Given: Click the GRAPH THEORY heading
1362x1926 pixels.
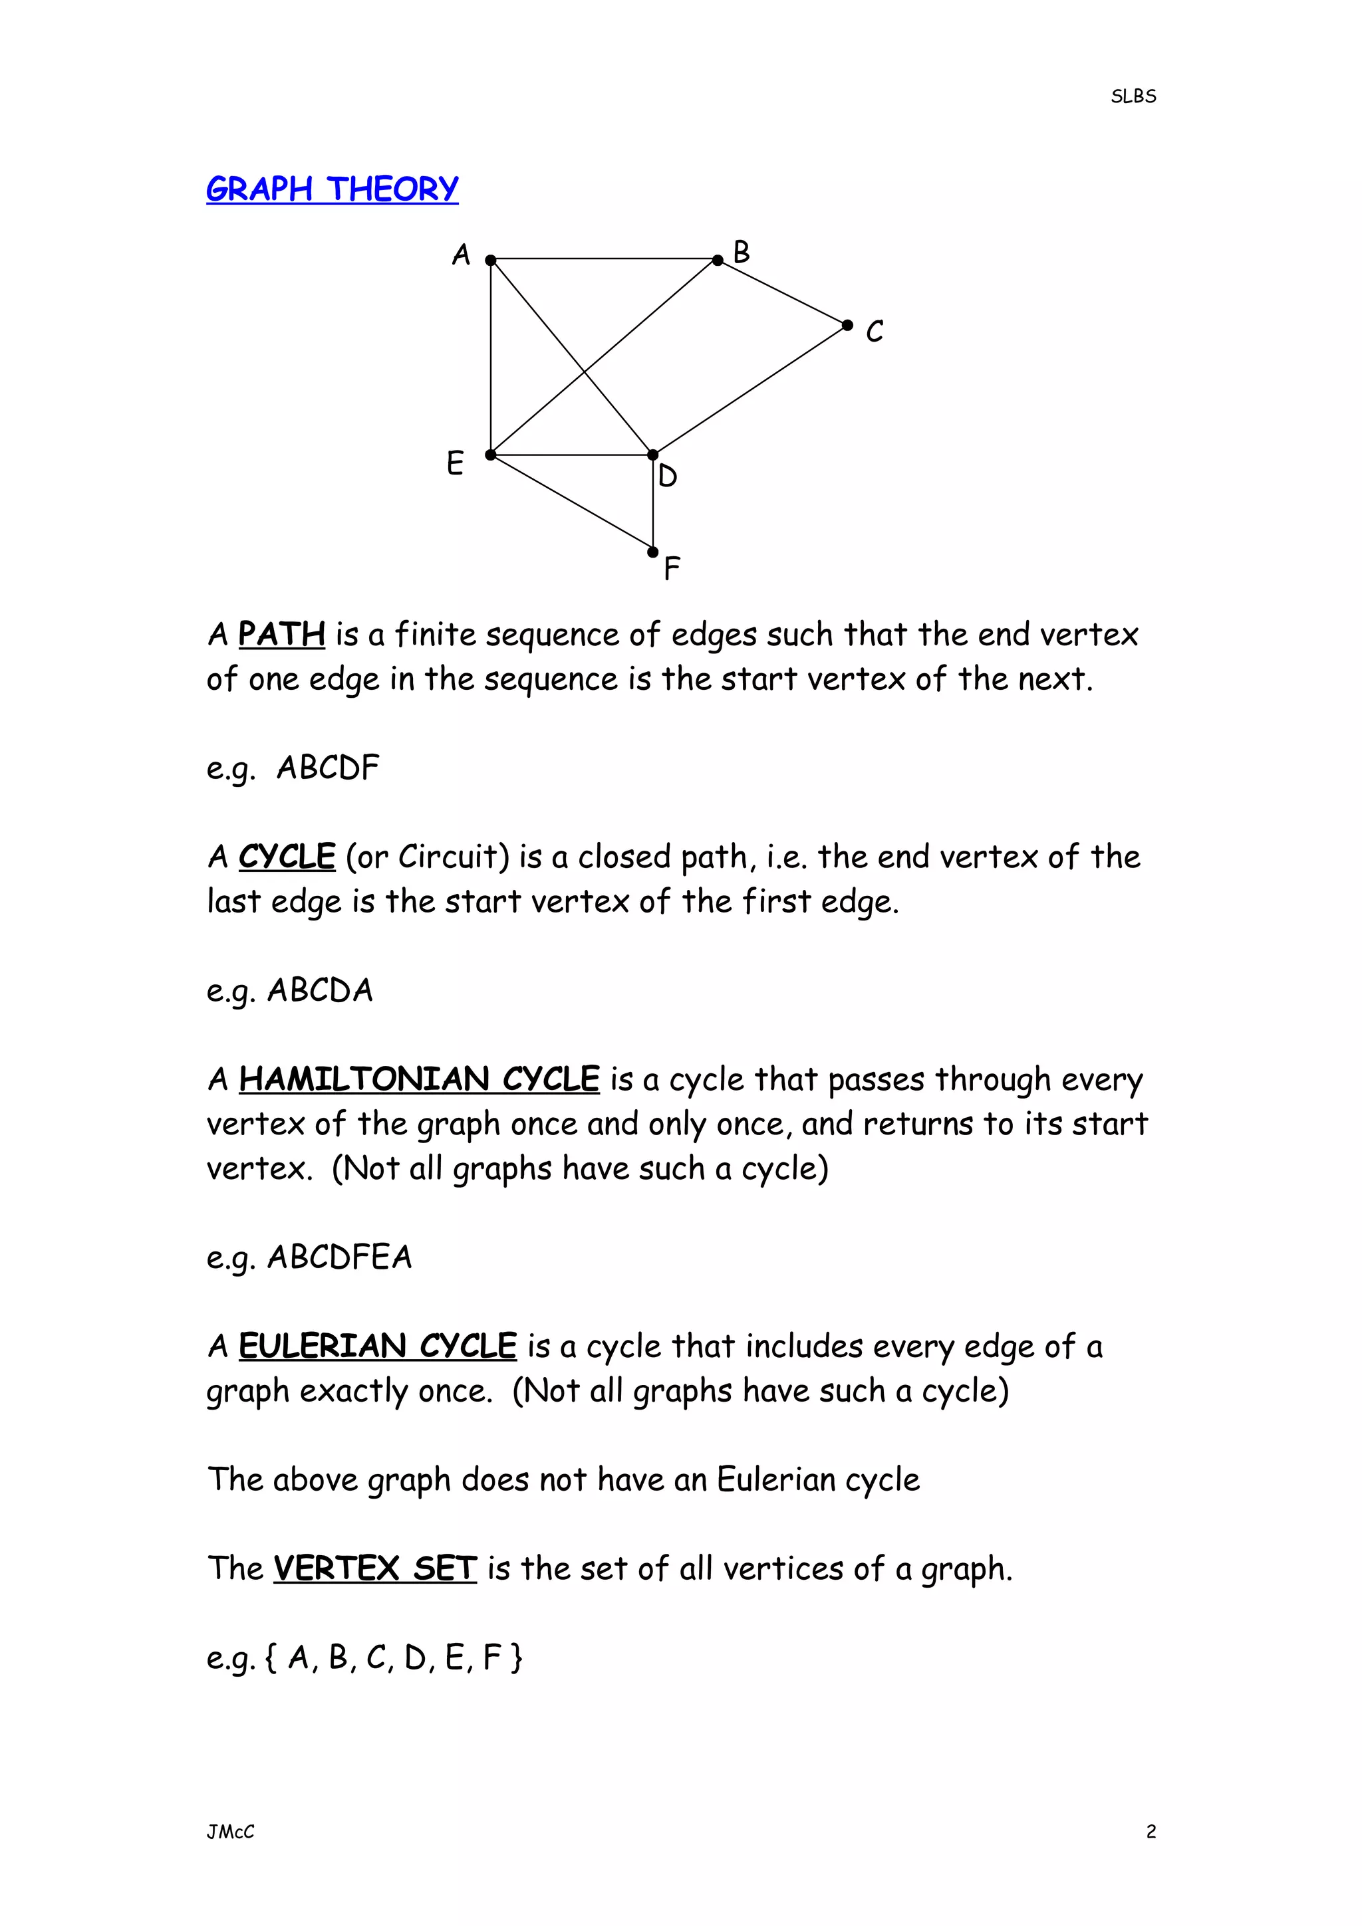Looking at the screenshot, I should (333, 189).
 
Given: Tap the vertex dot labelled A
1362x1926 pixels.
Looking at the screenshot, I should (491, 260).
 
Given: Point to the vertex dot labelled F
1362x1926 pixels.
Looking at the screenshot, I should (653, 552).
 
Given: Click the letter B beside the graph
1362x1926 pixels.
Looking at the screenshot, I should (741, 252).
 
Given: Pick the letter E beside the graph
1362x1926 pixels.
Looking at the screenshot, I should (455, 463).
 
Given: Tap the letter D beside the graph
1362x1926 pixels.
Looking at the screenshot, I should (668, 477).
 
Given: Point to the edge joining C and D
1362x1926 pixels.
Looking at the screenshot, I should (750, 390).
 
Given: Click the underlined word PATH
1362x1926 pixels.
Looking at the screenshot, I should (282, 634).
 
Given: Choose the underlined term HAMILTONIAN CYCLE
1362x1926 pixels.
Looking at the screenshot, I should (419, 1079).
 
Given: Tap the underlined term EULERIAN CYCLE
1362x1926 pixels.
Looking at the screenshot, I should (378, 1346).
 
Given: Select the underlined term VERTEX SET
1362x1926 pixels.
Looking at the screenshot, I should (375, 1568).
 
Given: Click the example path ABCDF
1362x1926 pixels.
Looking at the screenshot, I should (328, 768).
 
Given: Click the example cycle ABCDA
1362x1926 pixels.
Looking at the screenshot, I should (320, 991).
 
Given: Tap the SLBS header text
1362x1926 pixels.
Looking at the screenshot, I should (1133, 96).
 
